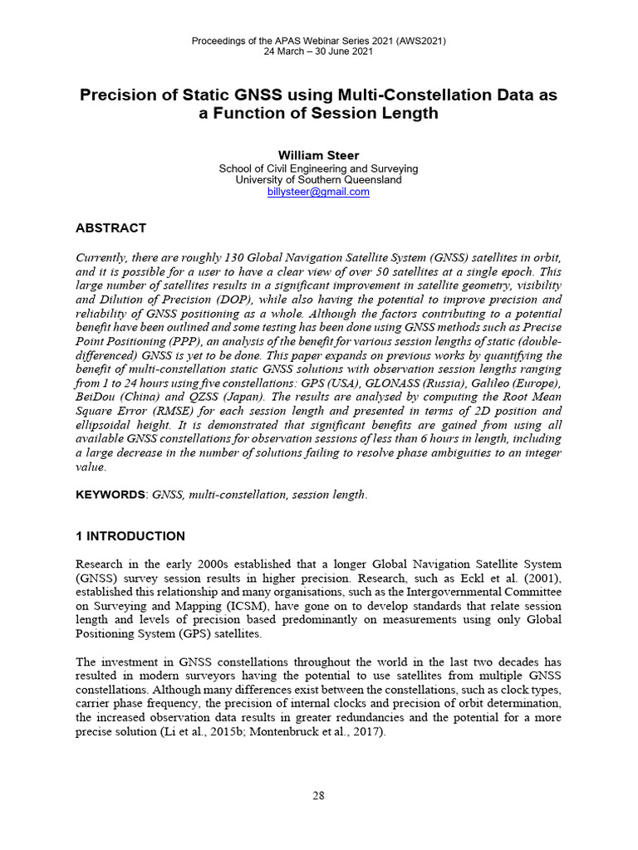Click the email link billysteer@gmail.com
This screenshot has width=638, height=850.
tap(318, 192)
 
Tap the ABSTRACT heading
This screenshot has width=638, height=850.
tap(110, 228)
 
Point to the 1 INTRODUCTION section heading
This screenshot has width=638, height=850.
tap(130, 536)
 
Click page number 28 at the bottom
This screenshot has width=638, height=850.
tap(318, 795)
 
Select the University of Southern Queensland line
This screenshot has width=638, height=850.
tap(318, 180)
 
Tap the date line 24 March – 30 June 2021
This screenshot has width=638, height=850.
tap(318, 51)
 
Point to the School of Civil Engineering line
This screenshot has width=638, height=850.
tap(318, 169)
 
